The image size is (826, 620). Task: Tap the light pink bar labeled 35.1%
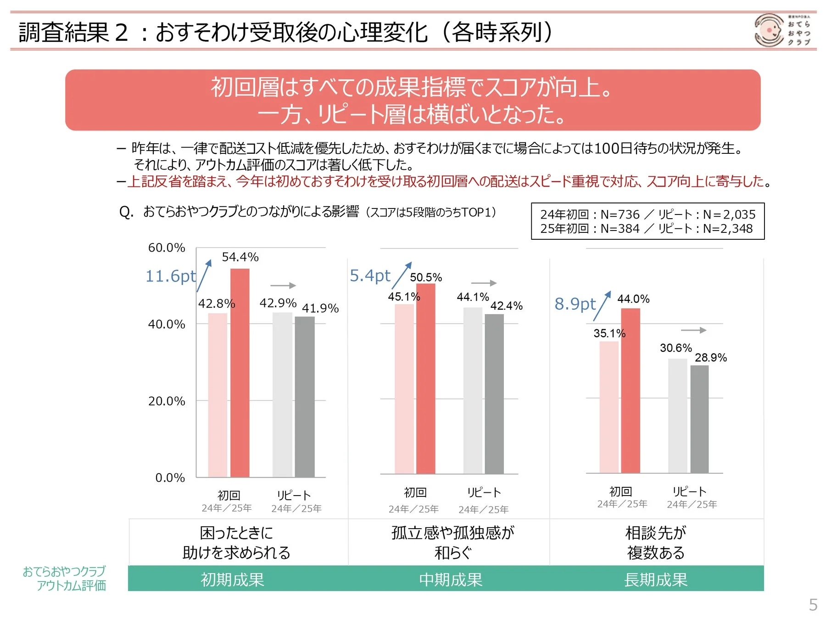click(x=609, y=407)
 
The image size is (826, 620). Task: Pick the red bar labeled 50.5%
click(x=425, y=378)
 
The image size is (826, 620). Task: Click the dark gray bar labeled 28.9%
click(x=699, y=419)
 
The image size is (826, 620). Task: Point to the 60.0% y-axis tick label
click(x=167, y=248)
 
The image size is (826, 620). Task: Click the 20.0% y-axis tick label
click(x=167, y=401)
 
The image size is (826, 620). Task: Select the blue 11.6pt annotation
click(x=170, y=276)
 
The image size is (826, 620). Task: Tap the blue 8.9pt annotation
click(x=575, y=304)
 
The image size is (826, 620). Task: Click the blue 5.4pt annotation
click(x=370, y=276)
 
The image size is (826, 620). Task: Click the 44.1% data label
click(x=473, y=297)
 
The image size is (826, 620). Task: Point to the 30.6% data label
click(x=675, y=348)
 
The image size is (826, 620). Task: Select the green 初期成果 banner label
click(x=232, y=580)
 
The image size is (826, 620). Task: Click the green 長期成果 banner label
click(x=656, y=580)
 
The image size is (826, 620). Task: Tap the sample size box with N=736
click(x=647, y=221)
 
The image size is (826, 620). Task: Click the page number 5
click(x=813, y=604)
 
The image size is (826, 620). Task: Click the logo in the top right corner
click(x=782, y=30)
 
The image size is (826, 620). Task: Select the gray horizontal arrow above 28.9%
click(x=693, y=330)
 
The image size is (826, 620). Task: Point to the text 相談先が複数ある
click(x=656, y=542)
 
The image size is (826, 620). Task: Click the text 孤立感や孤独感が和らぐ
click(x=452, y=542)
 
